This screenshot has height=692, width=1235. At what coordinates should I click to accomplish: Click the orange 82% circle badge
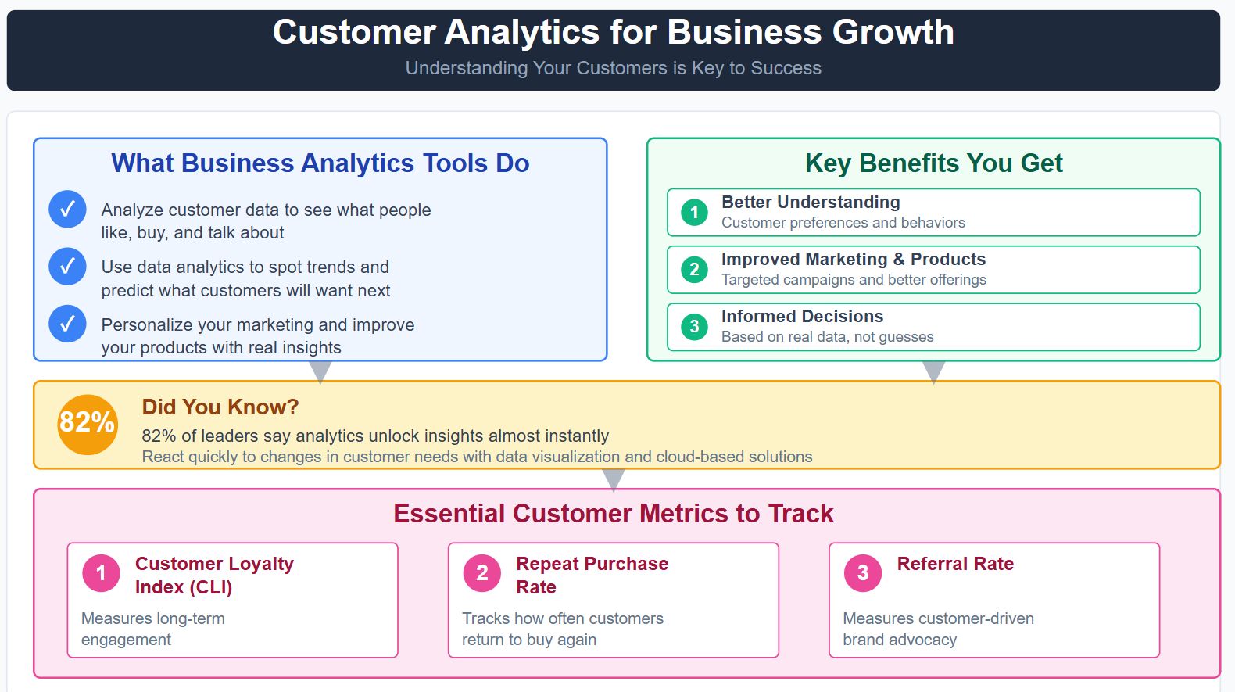point(88,424)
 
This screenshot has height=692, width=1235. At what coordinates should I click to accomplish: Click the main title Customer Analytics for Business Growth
point(613,33)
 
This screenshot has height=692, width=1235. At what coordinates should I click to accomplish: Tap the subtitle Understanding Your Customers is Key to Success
point(613,68)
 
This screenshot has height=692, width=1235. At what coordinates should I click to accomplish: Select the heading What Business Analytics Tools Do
point(320,163)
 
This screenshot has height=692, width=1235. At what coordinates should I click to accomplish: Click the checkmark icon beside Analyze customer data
point(67,210)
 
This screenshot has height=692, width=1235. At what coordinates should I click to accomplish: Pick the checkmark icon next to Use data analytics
point(67,267)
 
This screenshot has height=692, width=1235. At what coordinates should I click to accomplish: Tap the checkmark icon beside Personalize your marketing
point(67,324)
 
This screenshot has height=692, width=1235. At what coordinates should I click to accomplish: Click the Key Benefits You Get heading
point(933,163)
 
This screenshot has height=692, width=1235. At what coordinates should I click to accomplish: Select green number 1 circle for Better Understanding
point(694,212)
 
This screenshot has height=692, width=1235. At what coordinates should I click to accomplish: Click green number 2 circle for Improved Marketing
point(694,270)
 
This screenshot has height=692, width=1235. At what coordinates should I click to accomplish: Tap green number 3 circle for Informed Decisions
point(694,327)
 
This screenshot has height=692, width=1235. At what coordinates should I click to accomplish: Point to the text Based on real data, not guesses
point(827,337)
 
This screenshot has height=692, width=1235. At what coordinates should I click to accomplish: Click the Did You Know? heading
point(220,407)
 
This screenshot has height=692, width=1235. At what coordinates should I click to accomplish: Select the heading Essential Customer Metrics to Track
point(613,513)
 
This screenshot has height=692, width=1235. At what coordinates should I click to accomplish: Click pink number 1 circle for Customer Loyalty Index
point(101,573)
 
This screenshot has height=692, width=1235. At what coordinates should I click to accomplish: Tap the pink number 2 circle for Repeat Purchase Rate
point(482,573)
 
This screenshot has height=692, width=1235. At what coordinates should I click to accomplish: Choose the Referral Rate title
point(954,564)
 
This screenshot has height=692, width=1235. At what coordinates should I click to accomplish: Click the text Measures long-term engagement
point(152,629)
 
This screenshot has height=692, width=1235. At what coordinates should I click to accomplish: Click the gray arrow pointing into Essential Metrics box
point(614,479)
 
